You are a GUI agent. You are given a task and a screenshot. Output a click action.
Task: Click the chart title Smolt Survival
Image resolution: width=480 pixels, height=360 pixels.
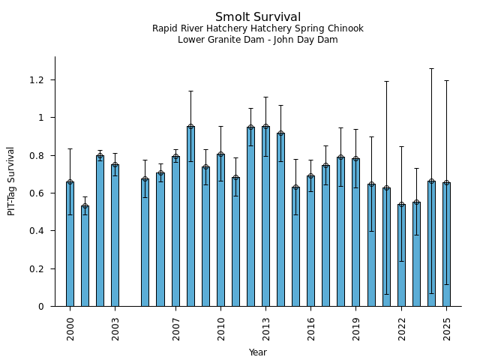coord(258,17)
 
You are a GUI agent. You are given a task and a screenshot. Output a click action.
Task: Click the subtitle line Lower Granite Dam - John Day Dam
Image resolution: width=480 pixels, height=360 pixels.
coord(258,40)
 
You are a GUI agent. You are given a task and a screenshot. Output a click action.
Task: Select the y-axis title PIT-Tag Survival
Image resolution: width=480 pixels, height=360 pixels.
coord(11,181)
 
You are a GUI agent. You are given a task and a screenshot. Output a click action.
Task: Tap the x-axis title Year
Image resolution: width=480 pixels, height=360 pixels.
coord(258,352)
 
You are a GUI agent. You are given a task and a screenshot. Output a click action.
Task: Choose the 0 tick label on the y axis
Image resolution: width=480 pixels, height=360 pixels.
coord(41,307)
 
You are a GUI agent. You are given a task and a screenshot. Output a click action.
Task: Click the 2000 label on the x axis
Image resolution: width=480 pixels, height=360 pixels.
coord(70,328)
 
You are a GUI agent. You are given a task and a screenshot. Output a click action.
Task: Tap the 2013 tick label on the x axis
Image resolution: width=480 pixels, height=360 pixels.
coord(266,328)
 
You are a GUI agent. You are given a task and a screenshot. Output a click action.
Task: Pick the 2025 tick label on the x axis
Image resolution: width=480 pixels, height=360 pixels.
coord(447,328)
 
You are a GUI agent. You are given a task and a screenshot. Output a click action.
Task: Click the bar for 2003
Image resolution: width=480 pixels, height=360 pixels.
coord(115,235)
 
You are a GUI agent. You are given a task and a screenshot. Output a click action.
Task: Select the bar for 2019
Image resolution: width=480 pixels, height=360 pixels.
coord(355,232)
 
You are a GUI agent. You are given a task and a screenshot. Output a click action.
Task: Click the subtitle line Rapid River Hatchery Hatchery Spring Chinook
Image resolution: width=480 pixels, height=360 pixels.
coord(258,28)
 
